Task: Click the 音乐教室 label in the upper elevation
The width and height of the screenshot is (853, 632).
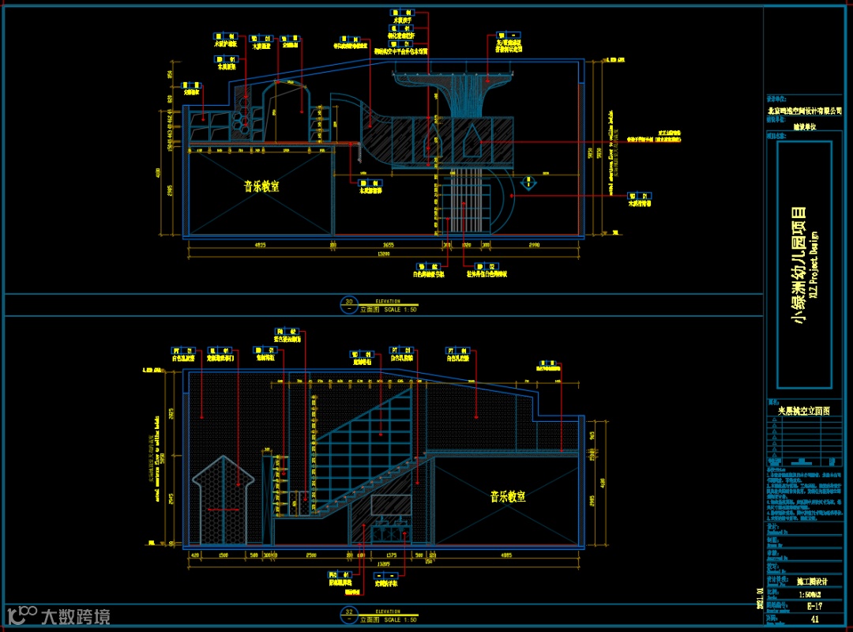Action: [x=261, y=186]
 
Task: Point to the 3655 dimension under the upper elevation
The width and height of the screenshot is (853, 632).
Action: [x=388, y=245]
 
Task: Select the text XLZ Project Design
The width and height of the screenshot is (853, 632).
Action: [x=814, y=265]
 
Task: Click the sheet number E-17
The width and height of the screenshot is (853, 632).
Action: [x=814, y=606]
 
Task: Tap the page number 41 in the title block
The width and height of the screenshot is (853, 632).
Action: [x=814, y=619]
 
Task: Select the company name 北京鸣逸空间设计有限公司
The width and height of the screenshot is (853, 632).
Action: [x=804, y=111]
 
